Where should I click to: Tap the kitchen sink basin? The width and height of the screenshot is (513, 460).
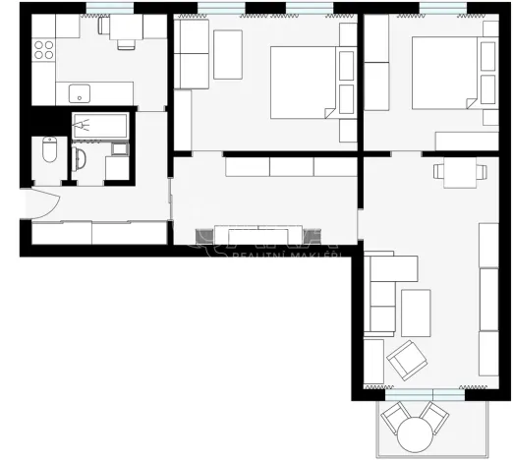point(80,94)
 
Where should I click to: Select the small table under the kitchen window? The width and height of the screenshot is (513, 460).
point(125,29)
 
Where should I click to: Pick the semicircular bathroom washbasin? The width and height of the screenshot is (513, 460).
point(82,159)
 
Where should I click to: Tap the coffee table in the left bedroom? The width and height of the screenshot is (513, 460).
point(228,53)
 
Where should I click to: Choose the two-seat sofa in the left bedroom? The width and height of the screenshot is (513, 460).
point(193,54)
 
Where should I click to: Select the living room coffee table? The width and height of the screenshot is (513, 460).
point(416,313)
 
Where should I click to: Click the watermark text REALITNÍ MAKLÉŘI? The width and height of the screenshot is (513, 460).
point(284,256)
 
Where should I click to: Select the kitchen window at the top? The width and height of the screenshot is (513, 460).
point(110,9)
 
